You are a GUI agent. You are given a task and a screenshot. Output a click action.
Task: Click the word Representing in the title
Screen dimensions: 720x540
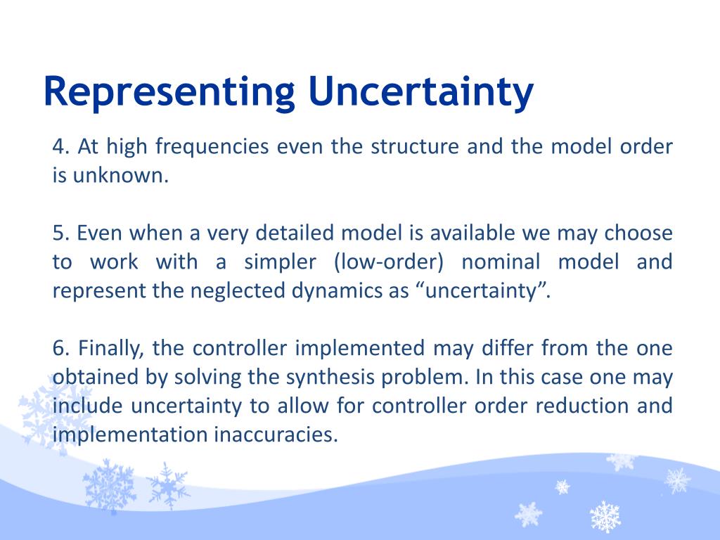point(169,94)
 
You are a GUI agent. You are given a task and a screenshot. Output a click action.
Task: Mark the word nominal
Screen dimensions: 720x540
point(501,262)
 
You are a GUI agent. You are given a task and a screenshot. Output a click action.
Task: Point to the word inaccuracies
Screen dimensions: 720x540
point(276,435)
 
